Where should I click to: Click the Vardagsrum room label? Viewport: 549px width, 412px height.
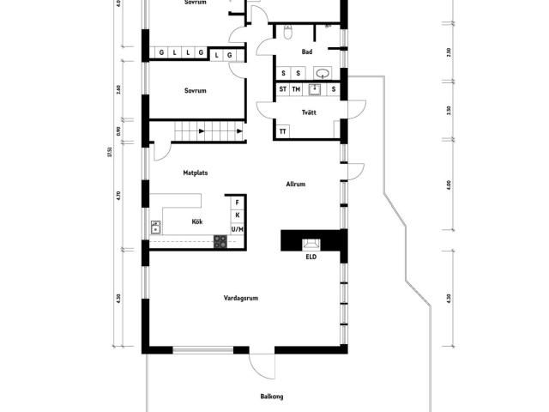coord(241,298)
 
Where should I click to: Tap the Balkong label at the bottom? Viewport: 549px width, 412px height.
coord(272,397)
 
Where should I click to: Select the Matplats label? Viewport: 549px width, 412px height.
coord(196,173)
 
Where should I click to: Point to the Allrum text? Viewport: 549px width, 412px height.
coord(296,184)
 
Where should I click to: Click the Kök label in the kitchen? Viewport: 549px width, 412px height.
coord(196,221)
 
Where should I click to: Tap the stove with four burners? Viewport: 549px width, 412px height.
coord(220,241)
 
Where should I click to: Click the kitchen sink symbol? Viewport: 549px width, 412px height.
coord(156,227)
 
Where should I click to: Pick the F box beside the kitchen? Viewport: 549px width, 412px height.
coord(238,203)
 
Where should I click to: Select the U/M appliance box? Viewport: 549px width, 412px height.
coord(238,229)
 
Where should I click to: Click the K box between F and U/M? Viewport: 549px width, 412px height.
coord(238,215)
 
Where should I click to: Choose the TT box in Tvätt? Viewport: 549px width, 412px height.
coord(282,131)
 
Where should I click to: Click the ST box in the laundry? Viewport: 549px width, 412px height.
coord(282,88)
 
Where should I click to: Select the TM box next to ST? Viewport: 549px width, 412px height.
coord(296,88)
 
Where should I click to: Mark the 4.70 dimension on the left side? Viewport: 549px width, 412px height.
coord(118,196)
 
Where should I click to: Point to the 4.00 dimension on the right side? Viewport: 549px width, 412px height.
coord(449,185)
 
